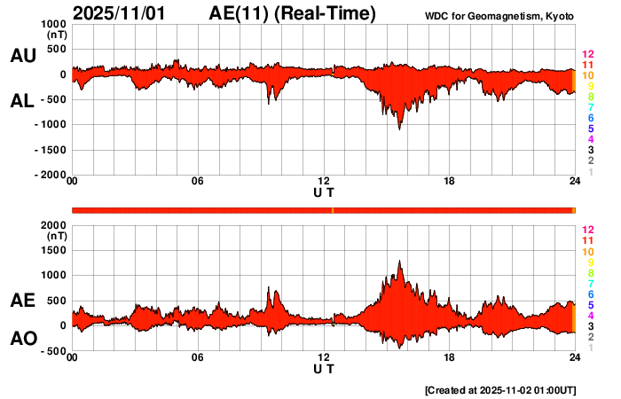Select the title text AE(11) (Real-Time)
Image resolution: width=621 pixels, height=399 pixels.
point(293,13)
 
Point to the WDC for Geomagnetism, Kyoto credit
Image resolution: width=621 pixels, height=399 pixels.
point(500,16)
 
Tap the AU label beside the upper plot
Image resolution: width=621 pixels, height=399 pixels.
point(22,56)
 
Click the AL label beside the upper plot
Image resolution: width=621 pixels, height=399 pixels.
point(22,101)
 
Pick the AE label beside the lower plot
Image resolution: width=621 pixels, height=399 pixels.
point(22,301)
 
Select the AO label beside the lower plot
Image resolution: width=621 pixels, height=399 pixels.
point(22,339)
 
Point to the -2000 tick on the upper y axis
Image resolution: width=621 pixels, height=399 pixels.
point(49,176)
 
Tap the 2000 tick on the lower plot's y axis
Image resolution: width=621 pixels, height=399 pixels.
point(51,225)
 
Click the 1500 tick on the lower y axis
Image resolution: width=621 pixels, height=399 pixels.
point(51,251)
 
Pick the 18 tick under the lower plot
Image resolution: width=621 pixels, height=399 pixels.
point(450,357)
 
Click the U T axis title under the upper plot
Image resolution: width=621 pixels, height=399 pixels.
point(324,192)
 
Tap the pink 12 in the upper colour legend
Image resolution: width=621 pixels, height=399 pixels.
point(586,54)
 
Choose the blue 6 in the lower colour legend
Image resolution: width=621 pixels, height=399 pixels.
point(590,293)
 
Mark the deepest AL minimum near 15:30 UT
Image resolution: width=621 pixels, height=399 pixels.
point(399,129)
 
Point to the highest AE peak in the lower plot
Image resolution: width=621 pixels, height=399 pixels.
point(400,261)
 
